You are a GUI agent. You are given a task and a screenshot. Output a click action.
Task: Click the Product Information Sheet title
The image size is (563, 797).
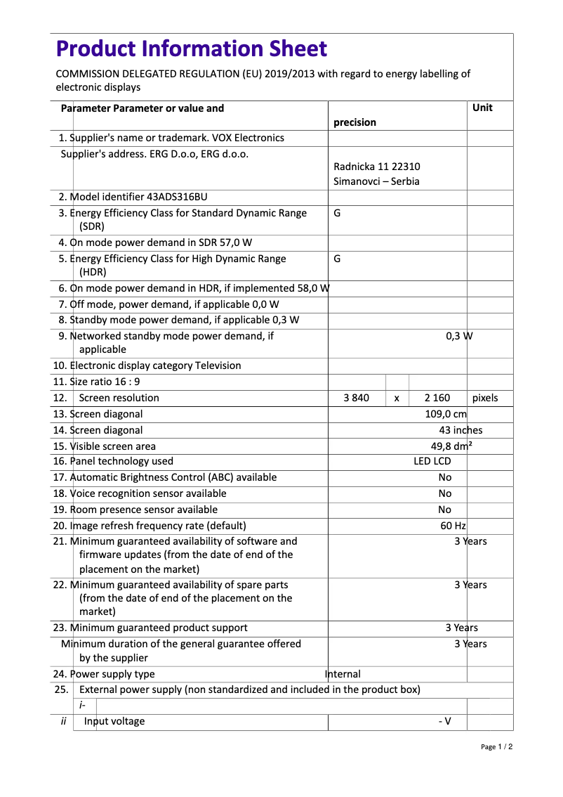(191, 48)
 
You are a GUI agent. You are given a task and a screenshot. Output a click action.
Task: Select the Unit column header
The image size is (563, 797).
(482, 108)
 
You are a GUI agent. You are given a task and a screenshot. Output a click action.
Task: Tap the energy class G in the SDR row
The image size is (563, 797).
(337, 212)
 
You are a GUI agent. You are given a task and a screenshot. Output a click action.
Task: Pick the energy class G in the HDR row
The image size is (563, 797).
(337, 258)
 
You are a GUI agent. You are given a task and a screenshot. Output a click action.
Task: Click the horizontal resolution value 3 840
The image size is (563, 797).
(356, 398)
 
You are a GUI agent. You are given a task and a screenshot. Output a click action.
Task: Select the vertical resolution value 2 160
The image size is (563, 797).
(437, 398)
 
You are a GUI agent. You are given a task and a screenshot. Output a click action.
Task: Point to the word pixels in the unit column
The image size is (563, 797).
(485, 398)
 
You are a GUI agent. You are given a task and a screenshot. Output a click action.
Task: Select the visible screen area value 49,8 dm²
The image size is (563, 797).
(451, 446)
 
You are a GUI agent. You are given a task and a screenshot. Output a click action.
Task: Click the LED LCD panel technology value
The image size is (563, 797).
(432, 461)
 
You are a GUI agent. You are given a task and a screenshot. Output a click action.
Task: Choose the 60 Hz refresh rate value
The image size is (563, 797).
(453, 526)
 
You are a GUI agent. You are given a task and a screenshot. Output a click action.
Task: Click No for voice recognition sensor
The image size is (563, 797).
(444, 493)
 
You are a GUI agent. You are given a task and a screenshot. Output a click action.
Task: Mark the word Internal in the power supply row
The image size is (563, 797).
(343, 674)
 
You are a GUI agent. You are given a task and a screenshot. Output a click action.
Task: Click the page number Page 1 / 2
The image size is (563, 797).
(496, 746)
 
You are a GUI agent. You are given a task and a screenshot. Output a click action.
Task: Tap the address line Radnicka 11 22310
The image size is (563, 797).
(377, 167)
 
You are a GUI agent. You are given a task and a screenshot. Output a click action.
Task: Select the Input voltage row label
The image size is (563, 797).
(114, 721)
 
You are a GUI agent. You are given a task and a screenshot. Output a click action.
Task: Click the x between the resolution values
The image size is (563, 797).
(397, 398)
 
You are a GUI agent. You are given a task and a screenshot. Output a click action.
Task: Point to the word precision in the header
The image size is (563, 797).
(355, 122)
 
